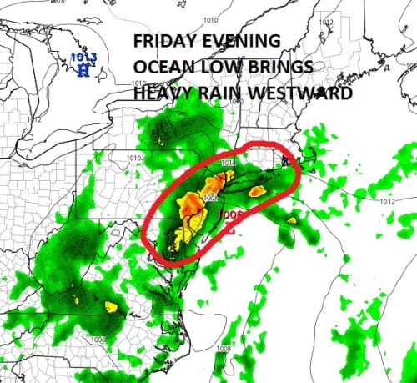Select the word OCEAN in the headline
point(165,69)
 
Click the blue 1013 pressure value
point(82,58)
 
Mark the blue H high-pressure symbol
point(83,70)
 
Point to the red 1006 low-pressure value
point(231,214)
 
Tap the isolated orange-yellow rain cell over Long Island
point(257,191)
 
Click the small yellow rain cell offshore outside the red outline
point(292,220)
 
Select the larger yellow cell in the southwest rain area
point(111,306)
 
